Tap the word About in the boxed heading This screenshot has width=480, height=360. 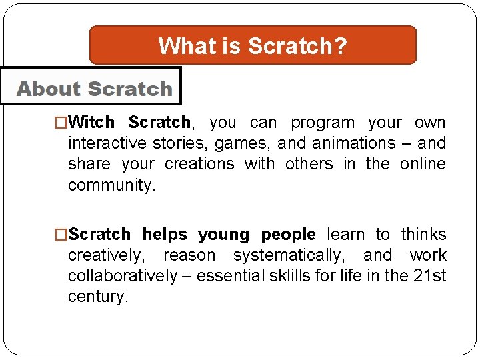click(x=48, y=89)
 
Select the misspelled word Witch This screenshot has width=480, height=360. click(x=91, y=123)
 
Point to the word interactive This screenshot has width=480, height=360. click(x=109, y=143)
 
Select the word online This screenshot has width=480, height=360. click(x=423, y=164)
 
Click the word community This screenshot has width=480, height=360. click(x=111, y=185)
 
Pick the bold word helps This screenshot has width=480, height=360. click(x=165, y=235)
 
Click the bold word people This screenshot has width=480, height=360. click(x=288, y=235)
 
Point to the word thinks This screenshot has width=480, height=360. click(x=423, y=235)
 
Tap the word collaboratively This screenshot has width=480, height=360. click(x=123, y=276)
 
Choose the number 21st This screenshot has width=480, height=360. click(x=430, y=276)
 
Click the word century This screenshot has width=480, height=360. click(x=97, y=297)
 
